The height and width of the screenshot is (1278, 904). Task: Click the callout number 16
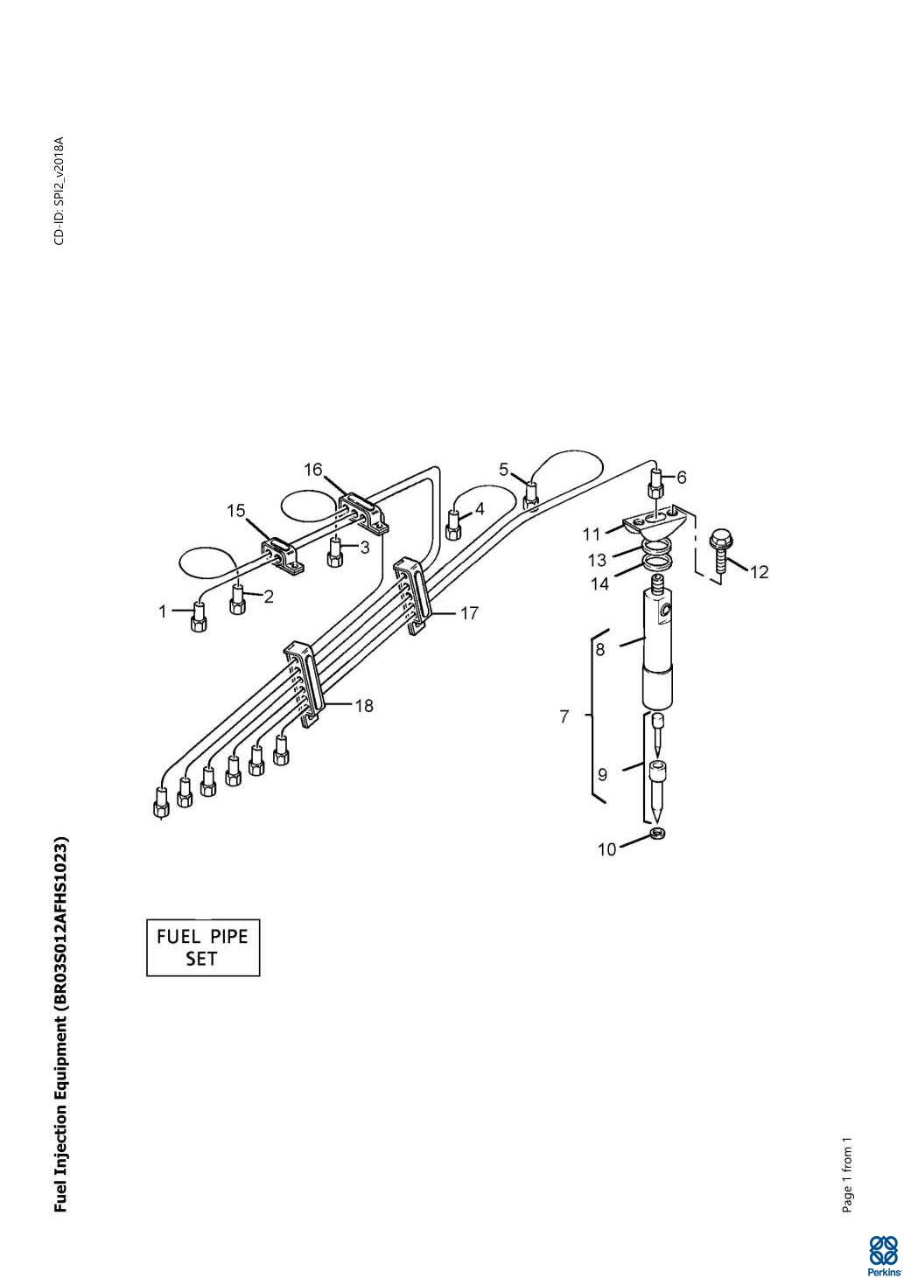point(313,470)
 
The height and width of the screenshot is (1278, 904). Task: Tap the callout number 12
point(759,572)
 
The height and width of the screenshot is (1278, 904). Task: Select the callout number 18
point(364,706)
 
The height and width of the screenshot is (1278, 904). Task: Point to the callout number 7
point(564,716)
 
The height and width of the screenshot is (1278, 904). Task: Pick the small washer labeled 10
point(658,835)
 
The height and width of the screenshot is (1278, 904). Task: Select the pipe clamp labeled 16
point(363,513)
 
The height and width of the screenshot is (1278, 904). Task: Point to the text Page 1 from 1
point(847,1176)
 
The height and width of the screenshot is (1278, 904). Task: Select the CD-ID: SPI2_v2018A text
point(60,191)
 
